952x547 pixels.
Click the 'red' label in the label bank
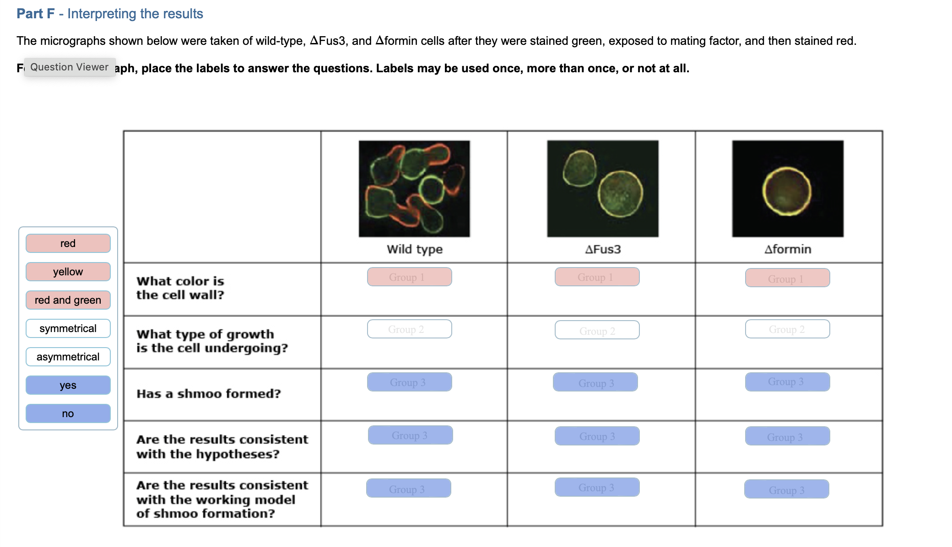coord(68,243)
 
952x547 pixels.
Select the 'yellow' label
coord(68,272)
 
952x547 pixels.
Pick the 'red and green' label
coord(68,300)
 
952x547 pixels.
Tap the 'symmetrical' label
coord(68,328)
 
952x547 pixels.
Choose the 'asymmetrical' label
coord(68,357)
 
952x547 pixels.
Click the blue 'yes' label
coord(68,385)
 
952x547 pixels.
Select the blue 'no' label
coord(68,413)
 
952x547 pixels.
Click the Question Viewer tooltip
coord(70,67)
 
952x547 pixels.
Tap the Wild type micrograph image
coord(414,188)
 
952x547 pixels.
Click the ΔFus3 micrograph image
coord(603,188)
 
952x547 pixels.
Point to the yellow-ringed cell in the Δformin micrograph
coord(787,191)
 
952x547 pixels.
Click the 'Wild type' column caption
coord(415,249)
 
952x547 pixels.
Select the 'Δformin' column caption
coord(788,249)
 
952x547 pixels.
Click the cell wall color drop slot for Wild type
coord(409,277)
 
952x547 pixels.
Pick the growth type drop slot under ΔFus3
coord(597,330)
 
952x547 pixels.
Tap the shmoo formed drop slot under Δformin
coord(787,382)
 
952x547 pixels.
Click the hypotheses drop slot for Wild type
coord(410,435)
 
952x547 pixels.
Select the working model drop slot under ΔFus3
coord(597,488)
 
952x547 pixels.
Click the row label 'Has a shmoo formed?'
coord(209,394)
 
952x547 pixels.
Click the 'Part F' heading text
coord(36,14)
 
